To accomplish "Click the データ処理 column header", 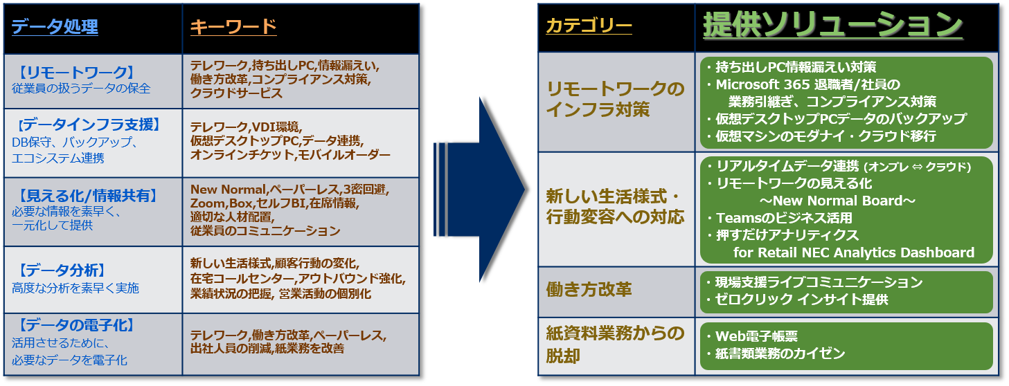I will click(55, 28).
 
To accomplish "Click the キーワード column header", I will click(233, 28).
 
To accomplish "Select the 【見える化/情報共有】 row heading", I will click(87, 196).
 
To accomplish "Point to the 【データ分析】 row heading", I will click(62, 270).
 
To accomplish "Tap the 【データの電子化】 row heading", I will click(75, 325).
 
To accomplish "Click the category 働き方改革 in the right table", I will click(589, 290).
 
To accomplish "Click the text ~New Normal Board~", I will click(838, 201).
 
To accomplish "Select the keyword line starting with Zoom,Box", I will click(274, 203).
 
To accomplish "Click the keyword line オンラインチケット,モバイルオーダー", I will click(290, 156).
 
